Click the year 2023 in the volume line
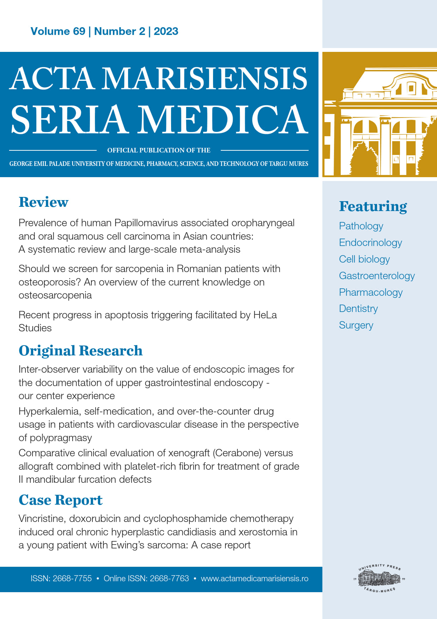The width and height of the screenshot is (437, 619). [x=166, y=31]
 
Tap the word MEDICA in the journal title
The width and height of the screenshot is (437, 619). [x=223, y=120]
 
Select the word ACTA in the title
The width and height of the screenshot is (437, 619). [x=52, y=78]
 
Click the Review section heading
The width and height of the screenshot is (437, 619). [x=43, y=202]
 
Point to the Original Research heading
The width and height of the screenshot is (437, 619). [x=80, y=351]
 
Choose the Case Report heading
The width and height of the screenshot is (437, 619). [x=60, y=500]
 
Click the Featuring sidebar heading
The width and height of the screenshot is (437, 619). [x=373, y=206]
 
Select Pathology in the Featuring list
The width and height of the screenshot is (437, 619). [x=361, y=226]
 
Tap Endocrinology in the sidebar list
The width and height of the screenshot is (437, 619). [x=370, y=243]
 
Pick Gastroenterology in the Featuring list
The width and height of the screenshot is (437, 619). [x=377, y=276]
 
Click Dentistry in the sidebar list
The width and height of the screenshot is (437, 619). [x=358, y=309]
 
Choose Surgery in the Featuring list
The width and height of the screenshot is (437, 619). [x=356, y=325]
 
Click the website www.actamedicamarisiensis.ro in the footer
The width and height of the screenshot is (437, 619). [x=254, y=579]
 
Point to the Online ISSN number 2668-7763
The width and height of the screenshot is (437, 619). [x=169, y=579]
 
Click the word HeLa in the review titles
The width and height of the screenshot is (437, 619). [x=265, y=315]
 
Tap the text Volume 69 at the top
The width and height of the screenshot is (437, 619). [x=58, y=31]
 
